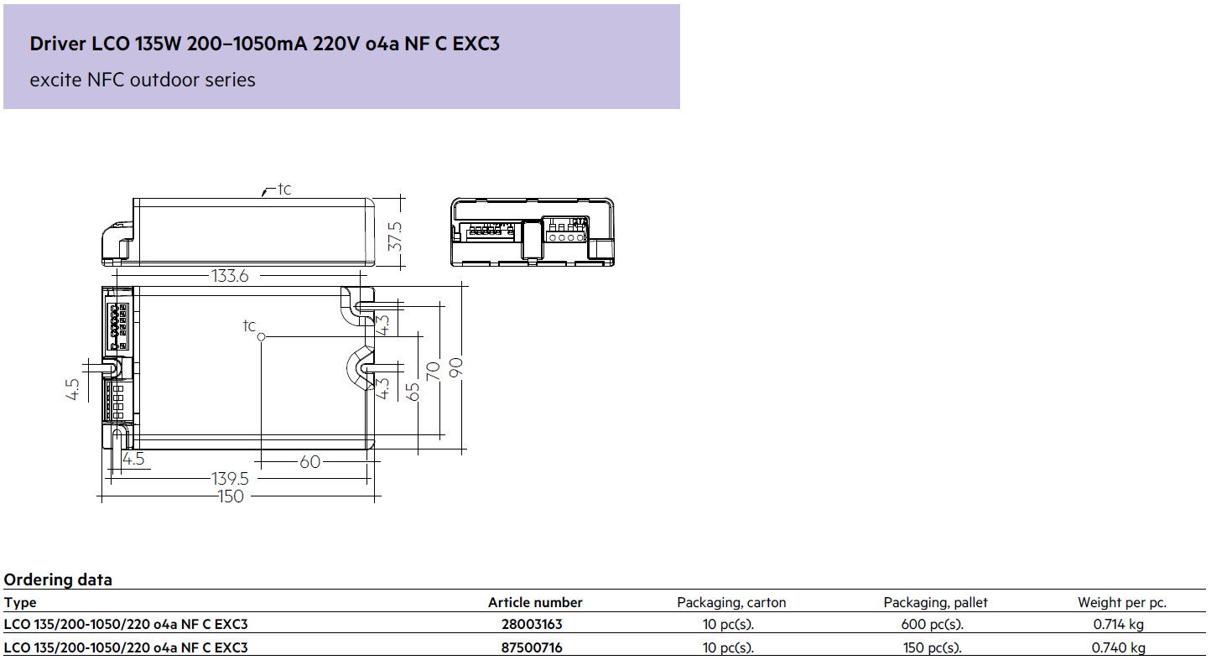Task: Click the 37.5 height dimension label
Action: (395, 236)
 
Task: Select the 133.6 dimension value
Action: (230, 276)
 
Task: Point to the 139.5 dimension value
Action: (230, 479)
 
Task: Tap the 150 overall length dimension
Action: (231, 496)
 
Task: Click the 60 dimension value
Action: (309, 462)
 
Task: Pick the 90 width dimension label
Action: (456, 366)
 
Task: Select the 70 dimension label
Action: (433, 372)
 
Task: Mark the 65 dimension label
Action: (412, 392)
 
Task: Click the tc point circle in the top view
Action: (262, 336)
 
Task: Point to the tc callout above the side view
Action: (284, 189)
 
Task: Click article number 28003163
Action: (532, 624)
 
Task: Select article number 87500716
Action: (532, 647)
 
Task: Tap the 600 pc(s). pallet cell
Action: (933, 624)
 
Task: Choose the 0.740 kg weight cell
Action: (1119, 647)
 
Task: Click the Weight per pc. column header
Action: (1122, 603)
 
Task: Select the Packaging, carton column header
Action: (731, 603)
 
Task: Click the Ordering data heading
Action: (58, 579)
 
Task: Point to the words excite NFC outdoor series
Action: (143, 80)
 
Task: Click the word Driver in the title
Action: (58, 44)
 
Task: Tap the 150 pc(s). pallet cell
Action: (933, 647)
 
